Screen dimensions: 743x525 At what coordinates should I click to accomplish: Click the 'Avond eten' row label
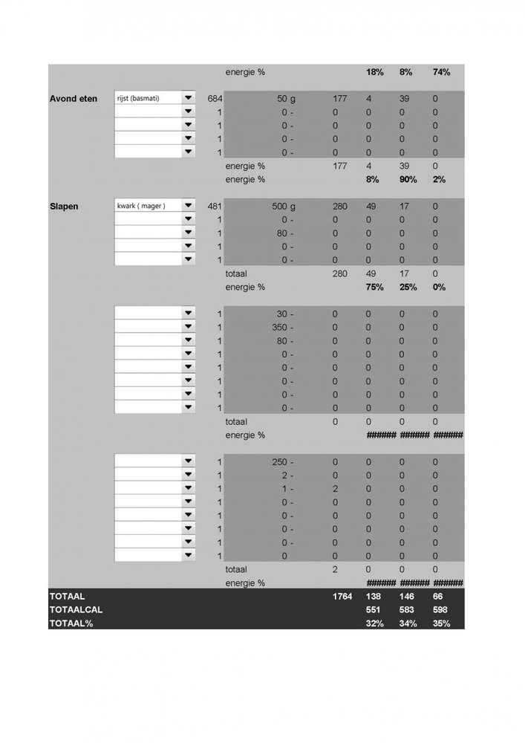point(73,98)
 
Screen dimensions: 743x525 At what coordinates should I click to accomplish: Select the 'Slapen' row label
point(65,206)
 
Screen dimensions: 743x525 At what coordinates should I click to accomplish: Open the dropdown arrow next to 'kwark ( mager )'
point(188,206)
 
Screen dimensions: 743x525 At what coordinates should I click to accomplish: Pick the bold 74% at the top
point(441,73)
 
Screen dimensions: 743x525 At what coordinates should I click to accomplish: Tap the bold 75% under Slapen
point(374,287)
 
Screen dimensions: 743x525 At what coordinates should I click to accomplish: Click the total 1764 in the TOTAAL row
point(342,597)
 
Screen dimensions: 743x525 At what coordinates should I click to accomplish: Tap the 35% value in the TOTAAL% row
point(441,623)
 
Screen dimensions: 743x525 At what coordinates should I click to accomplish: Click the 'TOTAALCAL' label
point(76,610)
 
